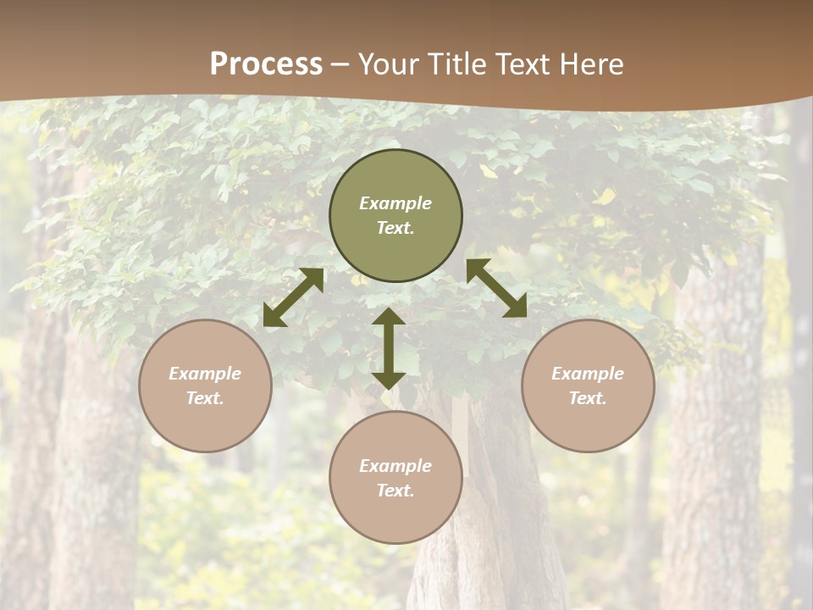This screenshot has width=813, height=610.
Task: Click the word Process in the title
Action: (x=266, y=64)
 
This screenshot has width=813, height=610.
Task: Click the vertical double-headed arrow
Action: (x=389, y=348)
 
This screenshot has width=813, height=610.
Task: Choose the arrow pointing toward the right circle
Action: (x=496, y=288)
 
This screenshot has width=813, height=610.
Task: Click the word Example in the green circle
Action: (x=395, y=203)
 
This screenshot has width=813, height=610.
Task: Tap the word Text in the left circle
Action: (x=205, y=398)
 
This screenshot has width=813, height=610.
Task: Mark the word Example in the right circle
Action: (x=588, y=374)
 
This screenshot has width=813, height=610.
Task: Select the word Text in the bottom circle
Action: (x=395, y=491)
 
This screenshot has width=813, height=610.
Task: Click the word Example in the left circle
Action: (x=205, y=374)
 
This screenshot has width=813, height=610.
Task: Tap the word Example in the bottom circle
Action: (x=395, y=466)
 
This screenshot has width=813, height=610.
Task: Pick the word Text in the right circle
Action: (x=588, y=398)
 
